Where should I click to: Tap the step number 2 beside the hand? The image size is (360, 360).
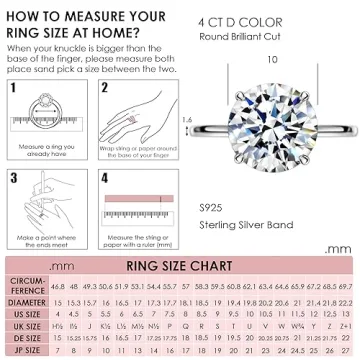click(104, 89)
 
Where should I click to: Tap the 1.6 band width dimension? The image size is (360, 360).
click(215, 120)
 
